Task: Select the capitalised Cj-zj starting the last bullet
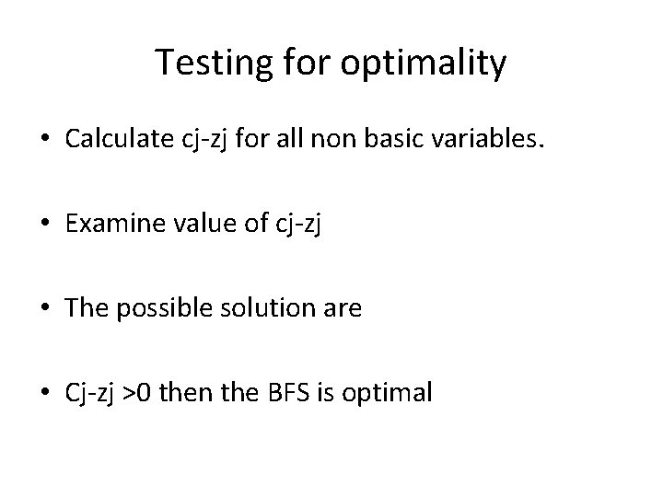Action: tap(89, 393)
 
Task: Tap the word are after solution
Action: tap(343, 309)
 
